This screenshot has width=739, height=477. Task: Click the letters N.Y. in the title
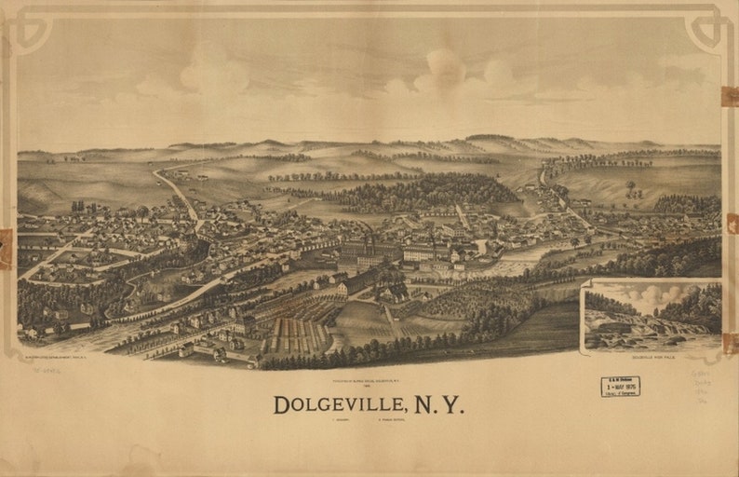coord(438,405)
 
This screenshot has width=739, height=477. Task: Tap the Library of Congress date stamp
coord(620,387)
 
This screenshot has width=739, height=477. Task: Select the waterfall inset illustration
coord(651,317)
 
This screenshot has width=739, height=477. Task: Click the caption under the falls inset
coord(652,358)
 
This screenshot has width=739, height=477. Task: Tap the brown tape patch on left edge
coord(6,248)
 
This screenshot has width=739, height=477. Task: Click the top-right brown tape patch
coord(730,96)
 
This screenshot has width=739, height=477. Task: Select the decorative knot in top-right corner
coord(707,31)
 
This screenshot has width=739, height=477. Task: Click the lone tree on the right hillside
coord(630,185)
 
